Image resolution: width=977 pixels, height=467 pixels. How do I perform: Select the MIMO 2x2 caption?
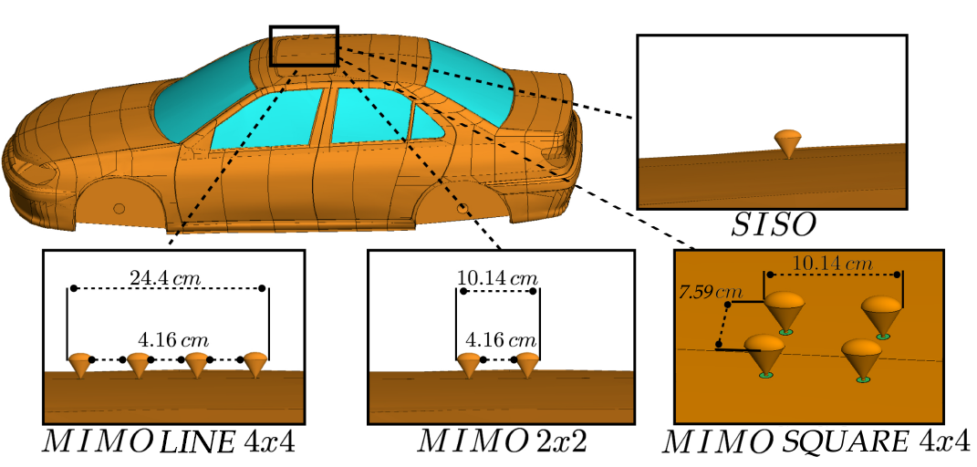tap(502, 444)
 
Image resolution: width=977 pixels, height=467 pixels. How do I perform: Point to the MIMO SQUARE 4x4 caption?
tap(816, 444)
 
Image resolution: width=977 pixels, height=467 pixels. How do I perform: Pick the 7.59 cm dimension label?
tap(708, 293)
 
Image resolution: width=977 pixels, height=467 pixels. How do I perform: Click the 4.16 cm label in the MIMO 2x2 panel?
tap(498, 340)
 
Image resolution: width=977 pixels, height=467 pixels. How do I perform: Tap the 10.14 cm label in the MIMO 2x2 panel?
tap(498, 276)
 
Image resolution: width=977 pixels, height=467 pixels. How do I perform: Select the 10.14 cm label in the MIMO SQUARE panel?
tap(832, 264)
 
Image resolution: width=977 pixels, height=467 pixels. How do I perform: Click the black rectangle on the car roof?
tap(305, 46)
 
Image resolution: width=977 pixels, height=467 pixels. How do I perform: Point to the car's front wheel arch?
tap(119, 196)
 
